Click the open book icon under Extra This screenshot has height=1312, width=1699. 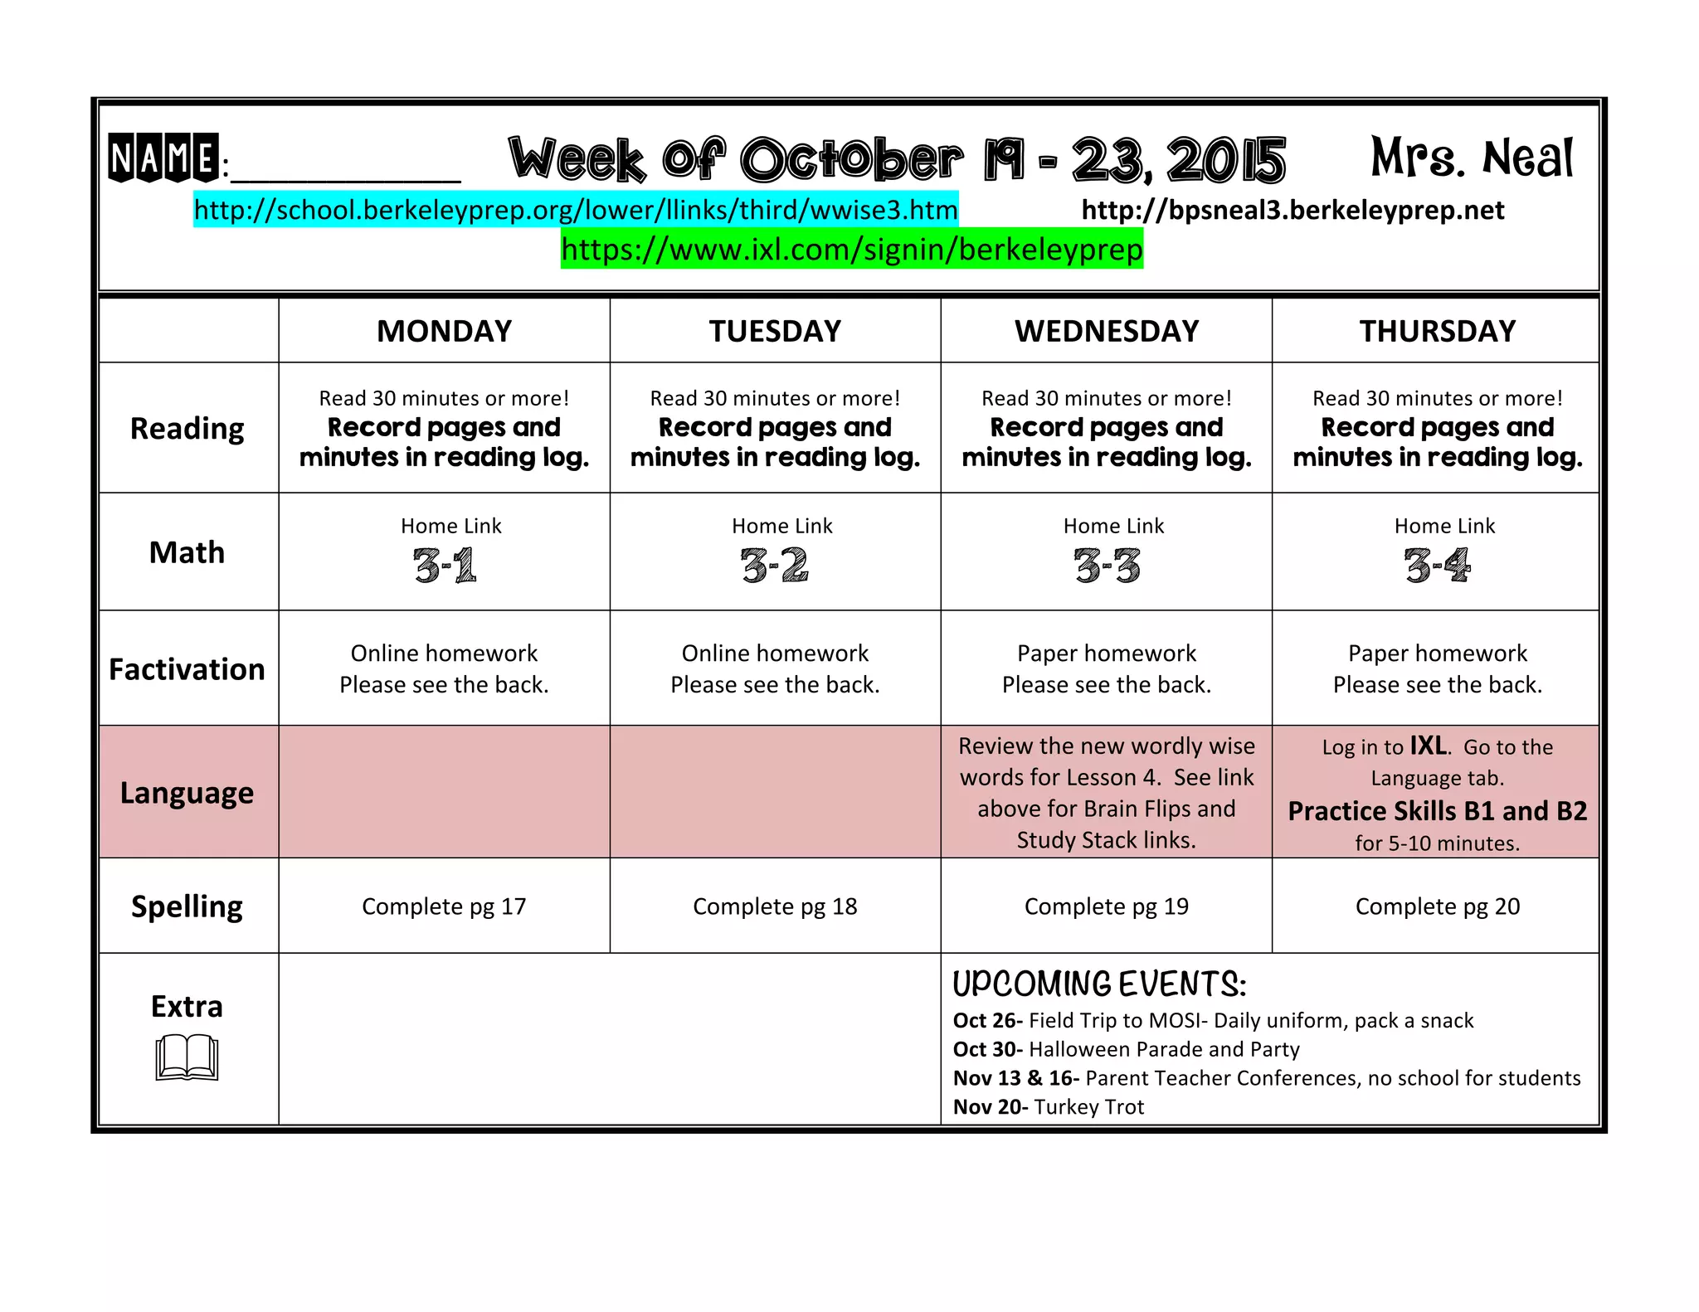[x=187, y=1057]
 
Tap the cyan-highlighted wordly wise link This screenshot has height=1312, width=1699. [x=576, y=210]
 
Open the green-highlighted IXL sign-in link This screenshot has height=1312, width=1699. [x=852, y=250]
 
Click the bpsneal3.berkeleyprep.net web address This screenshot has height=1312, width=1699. [x=1293, y=210]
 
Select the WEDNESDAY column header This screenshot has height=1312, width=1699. [x=1107, y=331]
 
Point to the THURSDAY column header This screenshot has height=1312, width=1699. [x=1437, y=331]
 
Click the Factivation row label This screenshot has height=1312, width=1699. [x=187, y=669]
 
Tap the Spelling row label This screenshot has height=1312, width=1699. [x=187, y=906]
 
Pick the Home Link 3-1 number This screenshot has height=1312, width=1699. [x=445, y=566]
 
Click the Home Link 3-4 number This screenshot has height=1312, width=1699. [x=1437, y=566]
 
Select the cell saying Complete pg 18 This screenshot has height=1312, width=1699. [x=775, y=906]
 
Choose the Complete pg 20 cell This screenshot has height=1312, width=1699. [x=1437, y=906]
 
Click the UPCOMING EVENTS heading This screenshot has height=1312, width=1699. [x=1098, y=984]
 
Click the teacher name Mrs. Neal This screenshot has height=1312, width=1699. [x=1472, y=158]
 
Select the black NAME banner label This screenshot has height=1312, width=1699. [x=163, y=158]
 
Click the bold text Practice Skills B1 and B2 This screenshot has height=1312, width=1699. [x=1437, y=811]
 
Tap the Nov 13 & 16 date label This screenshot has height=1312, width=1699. [x=1015, y=1078]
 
